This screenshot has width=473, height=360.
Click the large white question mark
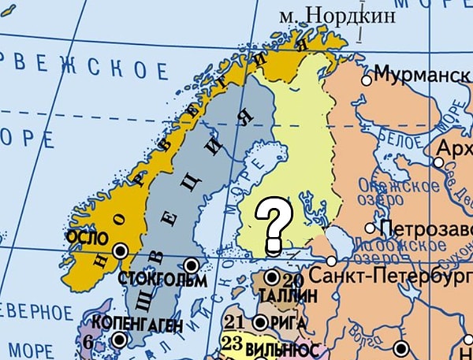(x=273, y=221)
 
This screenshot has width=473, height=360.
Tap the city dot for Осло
(x=120, y=251)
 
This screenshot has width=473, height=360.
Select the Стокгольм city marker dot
(x=190, y=265)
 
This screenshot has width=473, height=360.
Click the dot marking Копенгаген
(x=119, y=340)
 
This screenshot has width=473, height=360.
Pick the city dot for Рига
(x=262, y=321)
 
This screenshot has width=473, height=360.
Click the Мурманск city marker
(x=366, y=80)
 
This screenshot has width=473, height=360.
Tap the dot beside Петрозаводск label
(x=370, y=228)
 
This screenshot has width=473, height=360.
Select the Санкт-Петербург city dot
(x=332, y=260)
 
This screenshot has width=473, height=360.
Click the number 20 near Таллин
(x=292, y=280)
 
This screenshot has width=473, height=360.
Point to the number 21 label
(x=235, y=322)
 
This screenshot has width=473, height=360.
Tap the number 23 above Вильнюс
(x=232, y=343)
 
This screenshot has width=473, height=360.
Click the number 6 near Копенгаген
(x=88, y=343)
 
